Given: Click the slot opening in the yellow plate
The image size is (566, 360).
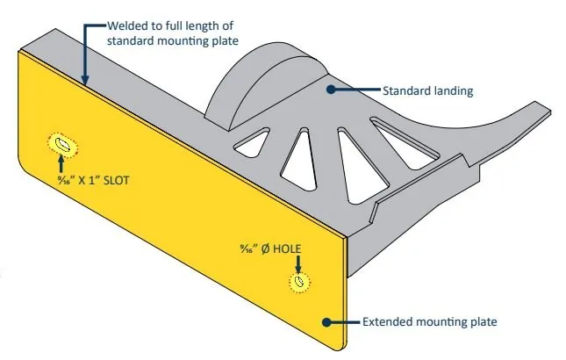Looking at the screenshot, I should pos(62,143).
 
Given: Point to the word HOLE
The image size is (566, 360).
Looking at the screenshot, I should pos(286,248).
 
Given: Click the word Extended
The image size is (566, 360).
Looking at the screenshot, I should pos(388,322).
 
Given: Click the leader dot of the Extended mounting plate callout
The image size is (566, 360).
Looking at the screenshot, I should pos(327,322).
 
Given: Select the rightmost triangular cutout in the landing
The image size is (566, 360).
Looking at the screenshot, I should pos(405,140).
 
